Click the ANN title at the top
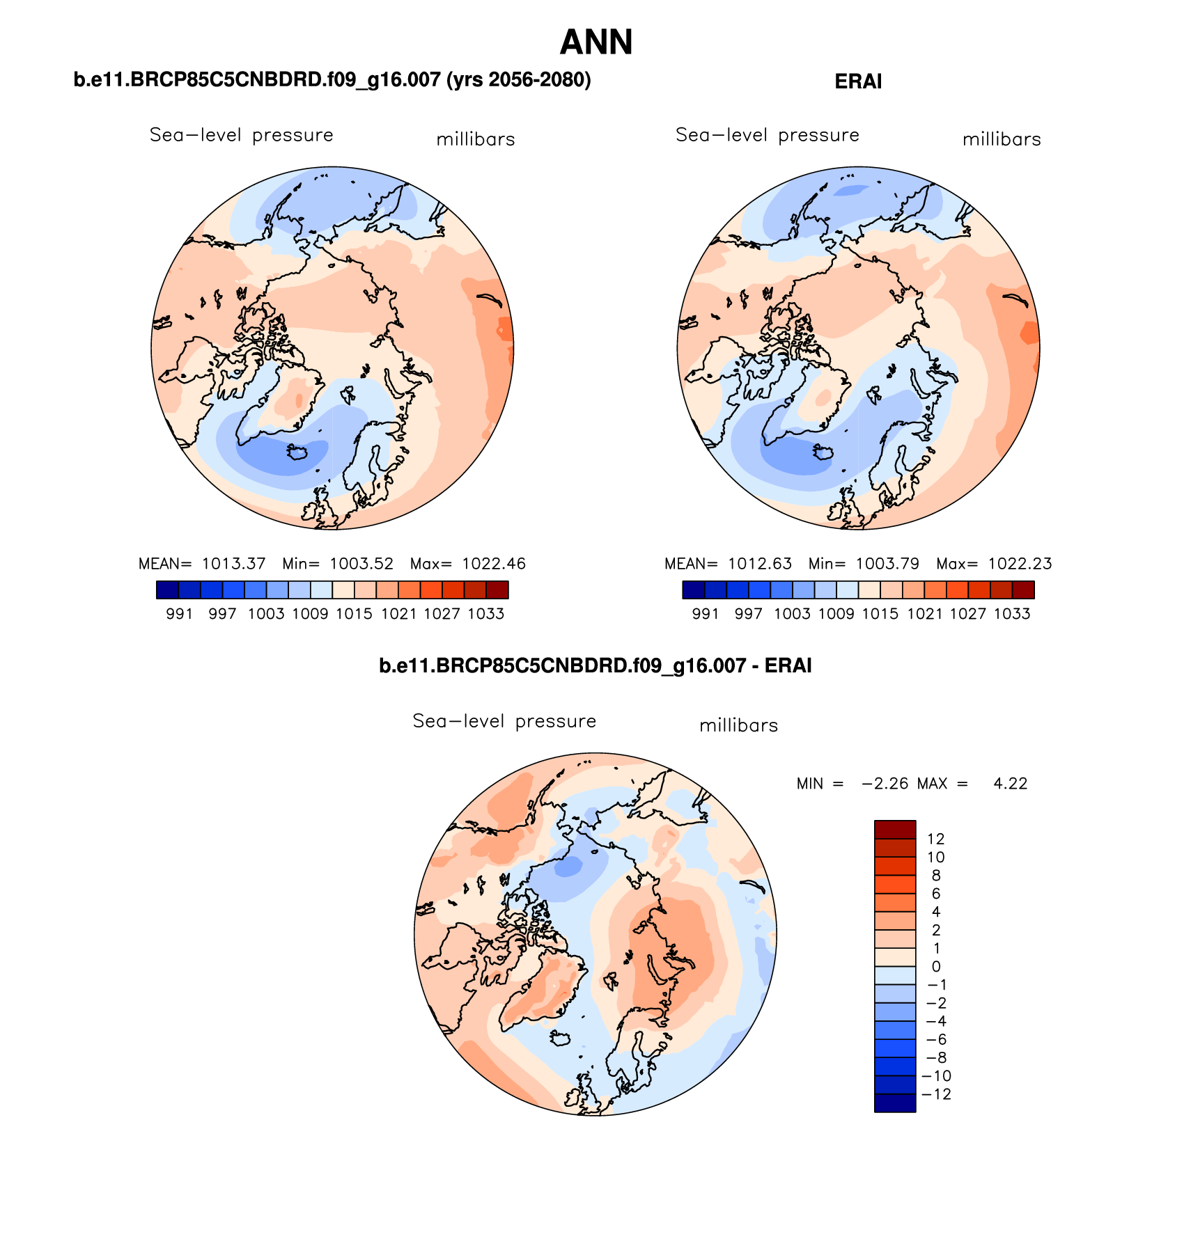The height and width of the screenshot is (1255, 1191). (596, 42)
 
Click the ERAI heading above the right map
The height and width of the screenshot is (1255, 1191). (858, 82)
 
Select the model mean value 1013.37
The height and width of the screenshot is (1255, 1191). (233, 564)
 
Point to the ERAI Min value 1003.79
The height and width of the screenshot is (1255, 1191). (887, 564)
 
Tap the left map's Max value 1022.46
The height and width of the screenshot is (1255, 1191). (494, 564)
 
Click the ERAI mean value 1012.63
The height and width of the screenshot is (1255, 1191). (760, 564)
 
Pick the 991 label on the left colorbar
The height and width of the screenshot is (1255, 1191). (179, 614)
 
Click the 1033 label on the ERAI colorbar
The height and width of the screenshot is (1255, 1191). (1012, 614)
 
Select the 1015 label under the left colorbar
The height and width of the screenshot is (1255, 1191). (354, 614)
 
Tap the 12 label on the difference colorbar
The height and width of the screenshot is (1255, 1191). (935, 839)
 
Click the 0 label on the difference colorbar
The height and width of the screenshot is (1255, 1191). (935, 967)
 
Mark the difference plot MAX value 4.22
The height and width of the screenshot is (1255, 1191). (1010, 784)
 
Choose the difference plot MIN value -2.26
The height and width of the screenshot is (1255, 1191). (885, 784)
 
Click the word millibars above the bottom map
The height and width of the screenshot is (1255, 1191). (738, 726)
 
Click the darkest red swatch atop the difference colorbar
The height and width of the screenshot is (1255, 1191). (895, 830)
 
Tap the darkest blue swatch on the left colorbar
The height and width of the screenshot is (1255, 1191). (168, 590)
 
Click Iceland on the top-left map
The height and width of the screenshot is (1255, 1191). (299, 453)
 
